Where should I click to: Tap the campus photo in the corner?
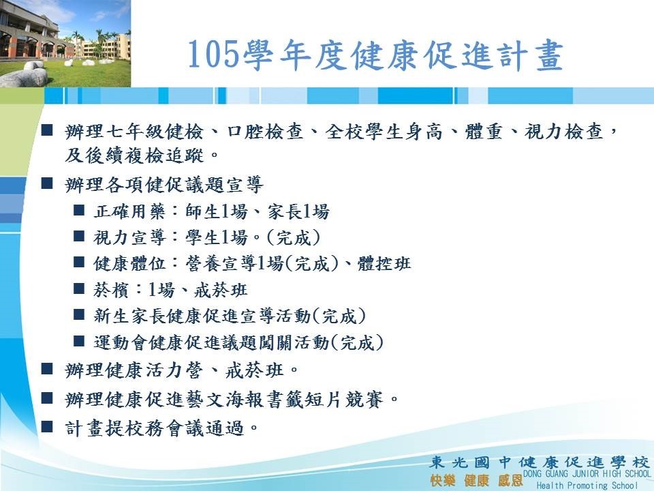(65, 44)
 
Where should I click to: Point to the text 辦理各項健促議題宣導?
(164, 185)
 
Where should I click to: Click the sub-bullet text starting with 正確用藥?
(211, 211)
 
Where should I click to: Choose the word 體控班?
(384, 263)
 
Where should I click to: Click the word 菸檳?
(111, 290)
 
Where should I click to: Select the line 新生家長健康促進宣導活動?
(202, 316)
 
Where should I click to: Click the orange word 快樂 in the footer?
(443, 480)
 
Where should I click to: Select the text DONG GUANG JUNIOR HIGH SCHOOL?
(587, 473)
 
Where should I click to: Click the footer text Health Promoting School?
(587, 485)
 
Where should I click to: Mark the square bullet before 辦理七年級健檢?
(47, 130)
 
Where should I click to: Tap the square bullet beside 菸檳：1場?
(79, 288)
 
